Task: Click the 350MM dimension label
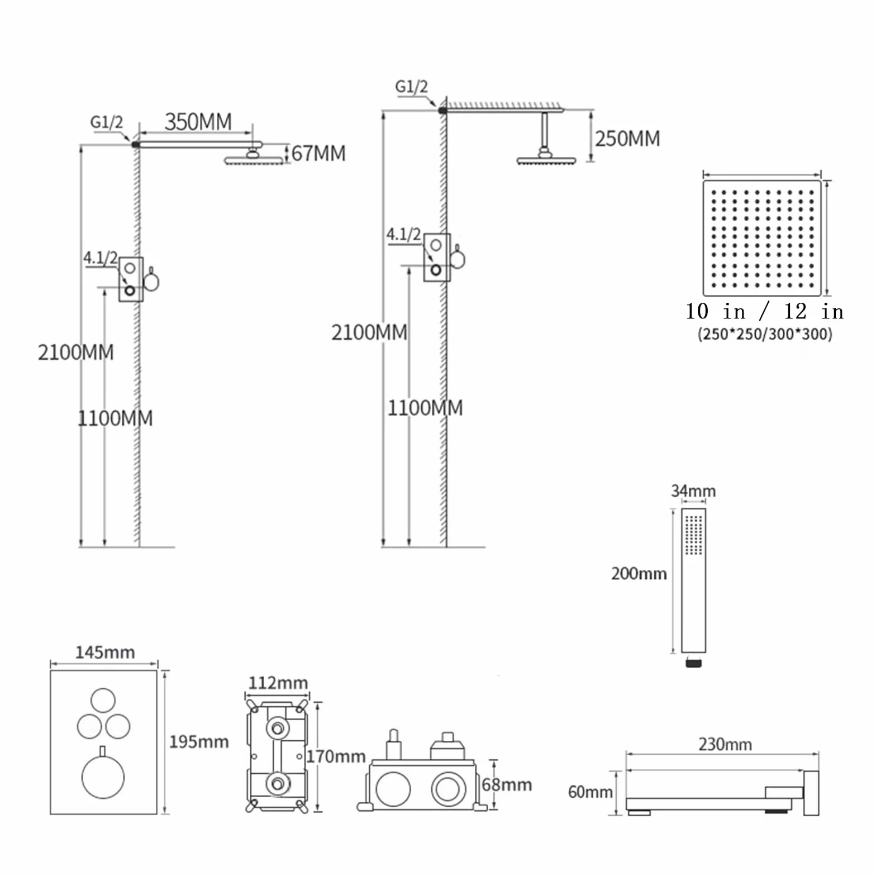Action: coord(198,122)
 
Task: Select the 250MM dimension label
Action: coord(627,139)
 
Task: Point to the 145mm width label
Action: coord(105,652)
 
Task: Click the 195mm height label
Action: coord(199,741)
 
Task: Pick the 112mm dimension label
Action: coord(278,683)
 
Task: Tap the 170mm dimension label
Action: coord(336,756)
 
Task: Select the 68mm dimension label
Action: coord(507,784)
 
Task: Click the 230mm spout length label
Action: coord(725,744)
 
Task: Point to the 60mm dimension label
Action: coord(591,792)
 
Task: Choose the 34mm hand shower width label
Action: coord(693,491)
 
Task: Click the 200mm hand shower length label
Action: coord(639,573)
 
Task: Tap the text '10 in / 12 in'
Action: coord(765,311)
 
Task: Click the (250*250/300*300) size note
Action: coord(765,334)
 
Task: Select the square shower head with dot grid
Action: coord(762,237)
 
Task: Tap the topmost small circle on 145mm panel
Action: coord(103,701)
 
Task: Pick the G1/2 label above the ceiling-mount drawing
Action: coord(411,87)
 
